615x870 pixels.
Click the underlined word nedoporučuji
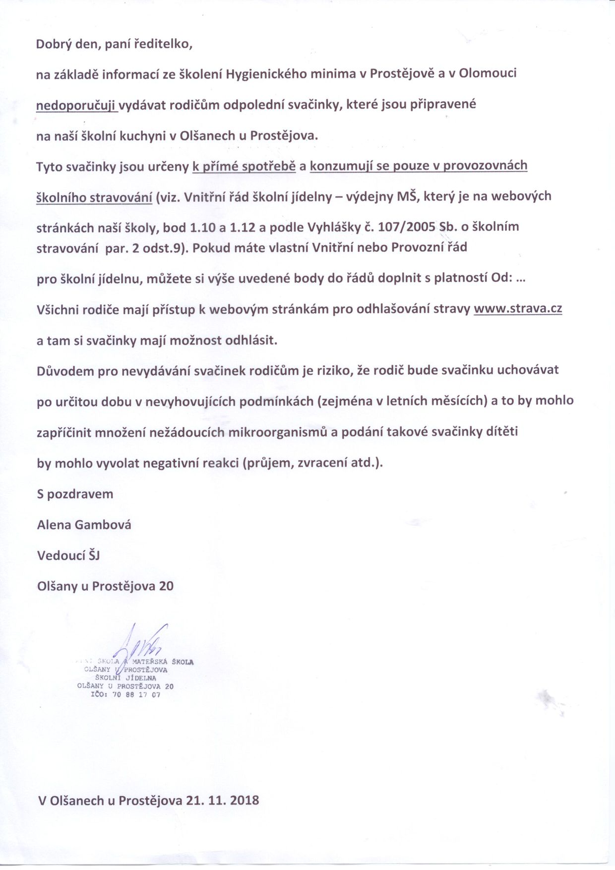pyautogui.click(x=77, y=105)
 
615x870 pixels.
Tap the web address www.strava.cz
pyautogui.click(x=518, y=309)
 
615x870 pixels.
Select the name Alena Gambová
pyautogui.click(x=84, y=525)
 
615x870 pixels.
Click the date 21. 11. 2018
pyautogui.click(x=223, y=801)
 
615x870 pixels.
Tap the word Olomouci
pyautogui.click(x=488, y=74)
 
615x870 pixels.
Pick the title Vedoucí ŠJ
pyautogui.click(x=68, y=555)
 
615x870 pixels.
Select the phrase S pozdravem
pyautogui.click(x=75, y=494)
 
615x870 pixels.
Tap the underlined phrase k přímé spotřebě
pyautogui.click(x=244, y=166)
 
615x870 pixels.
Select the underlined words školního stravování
pyautogui.click(x=94, y=197)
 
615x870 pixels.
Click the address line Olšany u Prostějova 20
pyautogui.click(x=105, y=586)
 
